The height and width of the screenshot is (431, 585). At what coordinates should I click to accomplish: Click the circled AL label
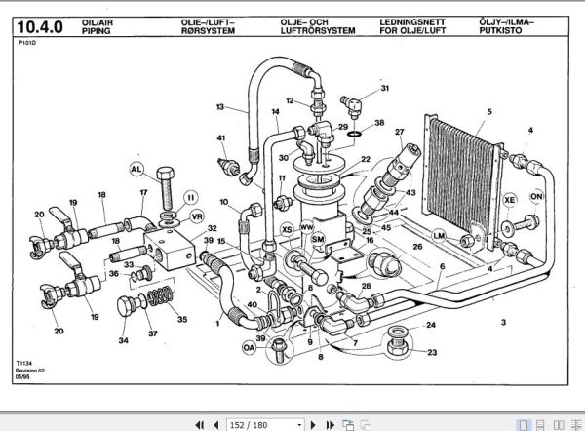pos(136,168)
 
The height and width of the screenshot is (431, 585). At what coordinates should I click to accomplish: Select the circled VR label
pos(196,215)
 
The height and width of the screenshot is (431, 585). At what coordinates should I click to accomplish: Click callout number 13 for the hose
pos(220,106)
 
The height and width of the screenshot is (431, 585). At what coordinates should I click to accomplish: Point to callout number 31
pos(385,89)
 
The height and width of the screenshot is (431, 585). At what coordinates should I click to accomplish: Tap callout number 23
pos(431,352)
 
